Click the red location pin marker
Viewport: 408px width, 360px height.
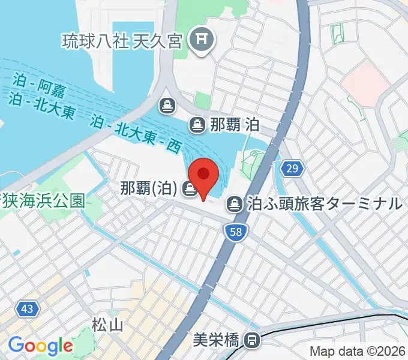pos(204,175)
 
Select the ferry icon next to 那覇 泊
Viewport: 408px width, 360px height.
pos(196,125)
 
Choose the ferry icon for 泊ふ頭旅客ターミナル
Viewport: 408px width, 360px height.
pos(235,205)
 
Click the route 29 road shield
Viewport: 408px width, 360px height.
pos(291,169)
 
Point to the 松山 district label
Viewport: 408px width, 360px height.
pos(108,325)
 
